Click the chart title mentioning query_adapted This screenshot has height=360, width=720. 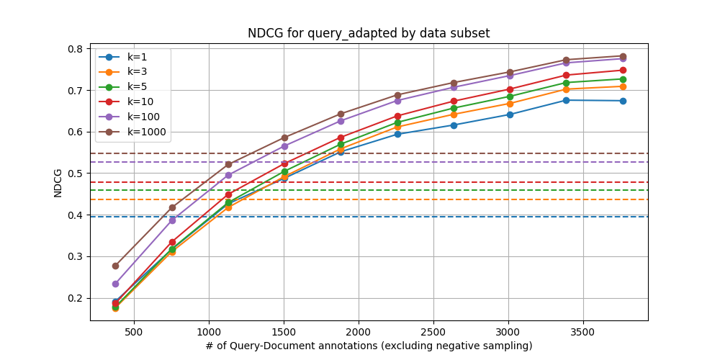click(369, 33)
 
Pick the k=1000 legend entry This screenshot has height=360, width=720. click(146, 132)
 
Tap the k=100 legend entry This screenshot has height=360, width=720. click(143, 117)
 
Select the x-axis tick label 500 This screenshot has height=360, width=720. click(134, 332)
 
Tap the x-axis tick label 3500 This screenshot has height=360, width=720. click(582, 332)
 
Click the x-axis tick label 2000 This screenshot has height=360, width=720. click(358, 332)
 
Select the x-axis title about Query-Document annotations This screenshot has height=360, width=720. click(369, 346)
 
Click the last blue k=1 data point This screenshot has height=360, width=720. click(623, 101)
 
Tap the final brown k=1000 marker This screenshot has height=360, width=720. click(623, 56)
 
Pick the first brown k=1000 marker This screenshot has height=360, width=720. click(115, 266)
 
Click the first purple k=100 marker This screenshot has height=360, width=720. click(115, 284)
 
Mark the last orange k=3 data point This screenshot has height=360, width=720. click(623, 86)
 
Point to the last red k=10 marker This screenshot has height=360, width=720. click(623, 71)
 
